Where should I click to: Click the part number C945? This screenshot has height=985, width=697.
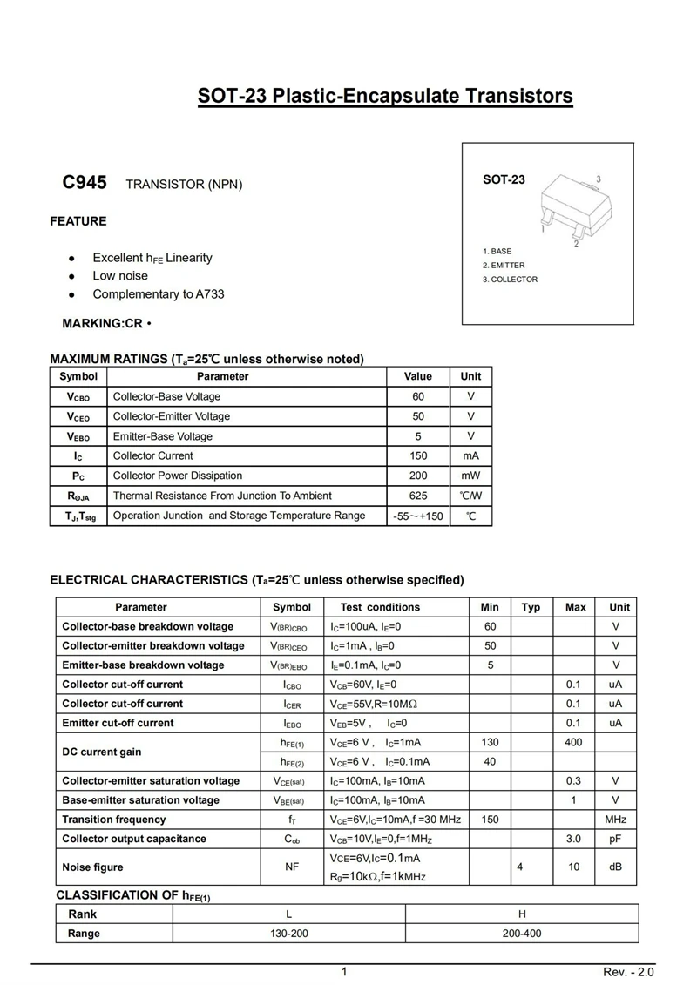(85, 183)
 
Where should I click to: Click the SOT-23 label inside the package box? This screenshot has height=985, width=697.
(504, 179)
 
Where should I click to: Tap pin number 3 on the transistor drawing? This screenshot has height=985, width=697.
(599, 179)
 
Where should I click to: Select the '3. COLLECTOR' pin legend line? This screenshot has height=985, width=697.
(511, 280)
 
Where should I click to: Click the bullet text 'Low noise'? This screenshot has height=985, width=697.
(120, 276)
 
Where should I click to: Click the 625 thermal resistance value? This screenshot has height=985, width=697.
(417, 496)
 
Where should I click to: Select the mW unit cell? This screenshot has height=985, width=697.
(470, 476)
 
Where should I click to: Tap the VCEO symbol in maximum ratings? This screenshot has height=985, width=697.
(78, 416)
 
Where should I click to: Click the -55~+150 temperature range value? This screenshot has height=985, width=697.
(418, 516)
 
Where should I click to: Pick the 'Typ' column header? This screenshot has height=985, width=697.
(531, 607)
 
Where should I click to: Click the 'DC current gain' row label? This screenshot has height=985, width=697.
(101, 752)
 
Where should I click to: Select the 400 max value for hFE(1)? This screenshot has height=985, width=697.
(575, 742)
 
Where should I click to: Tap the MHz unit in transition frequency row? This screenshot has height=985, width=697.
(615, 820)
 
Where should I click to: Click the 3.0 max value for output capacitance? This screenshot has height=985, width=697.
(574, 839)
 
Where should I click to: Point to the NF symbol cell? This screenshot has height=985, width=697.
(292, 867)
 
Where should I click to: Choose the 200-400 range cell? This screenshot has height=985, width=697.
(522, 933)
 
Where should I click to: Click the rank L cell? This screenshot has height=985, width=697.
(288, 914)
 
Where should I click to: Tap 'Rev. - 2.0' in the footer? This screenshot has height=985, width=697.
(627, 972)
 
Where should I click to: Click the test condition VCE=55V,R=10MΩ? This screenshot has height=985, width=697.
(374, 704)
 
